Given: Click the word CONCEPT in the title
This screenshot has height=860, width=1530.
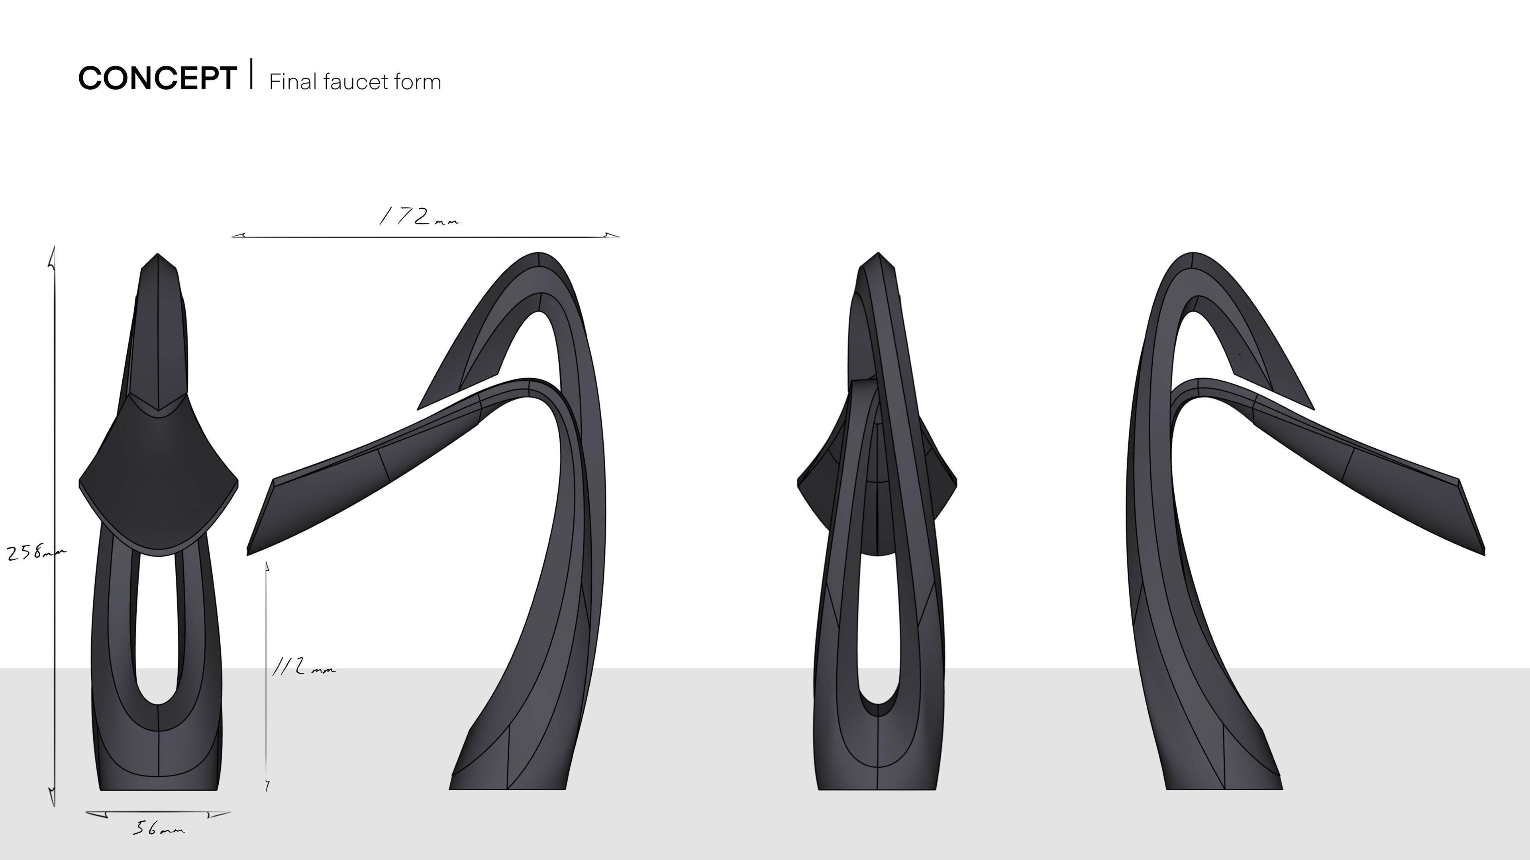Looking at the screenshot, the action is tap(157, 78).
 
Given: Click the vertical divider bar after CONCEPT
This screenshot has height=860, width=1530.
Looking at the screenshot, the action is tap(252, 74).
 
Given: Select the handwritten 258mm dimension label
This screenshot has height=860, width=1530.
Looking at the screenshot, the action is tap(35, 553).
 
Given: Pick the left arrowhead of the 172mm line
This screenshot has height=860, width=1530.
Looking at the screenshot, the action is tap(239, 236).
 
